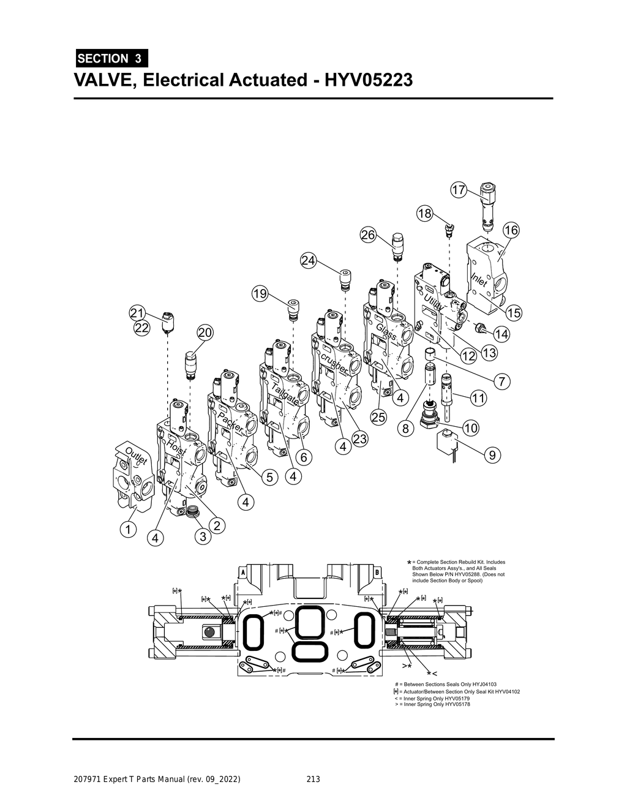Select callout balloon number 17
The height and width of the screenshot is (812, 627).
(x=459, y=190)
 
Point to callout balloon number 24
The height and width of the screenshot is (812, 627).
(x=309, y=260)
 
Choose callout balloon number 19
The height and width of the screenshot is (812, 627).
(x=260, y=294)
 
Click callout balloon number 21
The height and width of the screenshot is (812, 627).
(x=137, y=313)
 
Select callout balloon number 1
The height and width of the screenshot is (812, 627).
(x=128, y=528)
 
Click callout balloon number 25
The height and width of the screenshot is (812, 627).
(x=379, y=418)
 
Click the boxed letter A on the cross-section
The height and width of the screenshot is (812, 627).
(x=243, y=571)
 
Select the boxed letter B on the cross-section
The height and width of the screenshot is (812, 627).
(x=377, y=571)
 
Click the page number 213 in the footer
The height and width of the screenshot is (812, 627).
(x=313, y=779)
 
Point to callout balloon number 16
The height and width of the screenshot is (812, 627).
(x=511, y=230)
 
